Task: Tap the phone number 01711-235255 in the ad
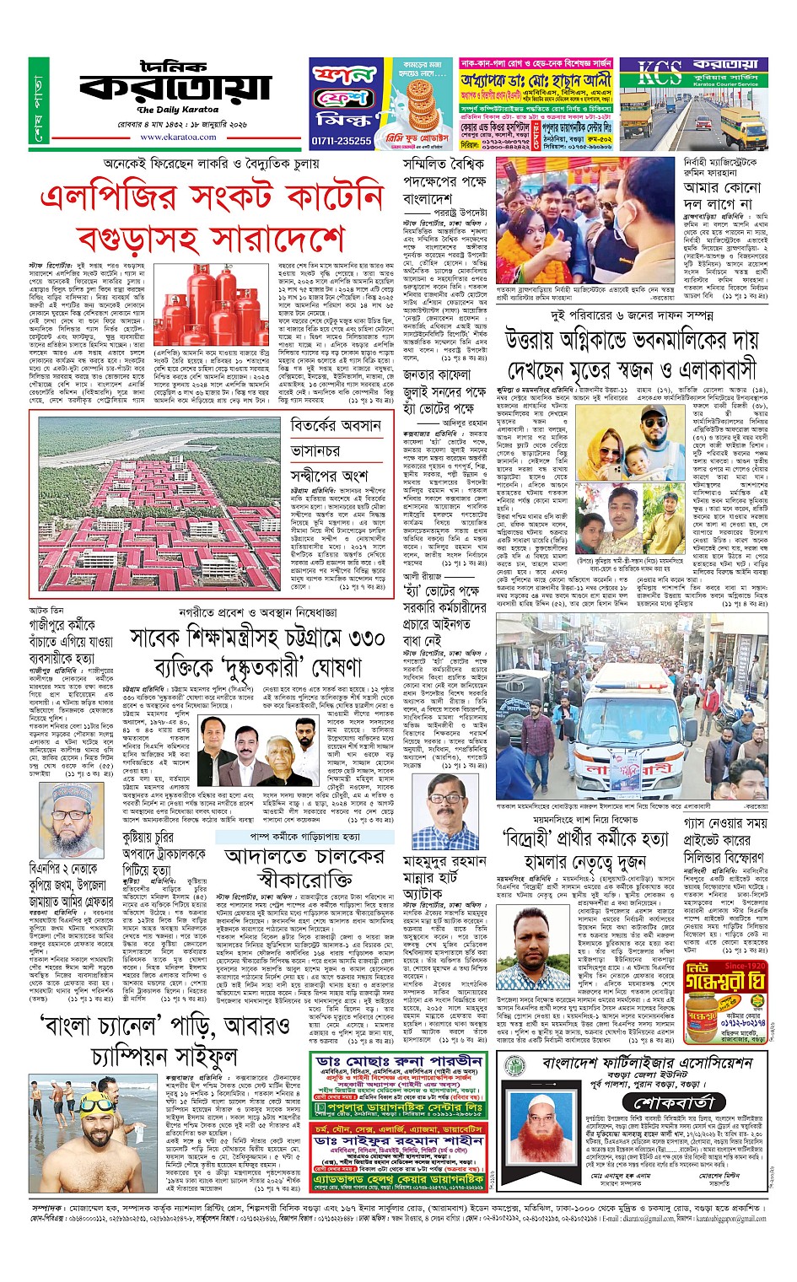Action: point(342,141)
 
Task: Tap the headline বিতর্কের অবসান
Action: point(336,427)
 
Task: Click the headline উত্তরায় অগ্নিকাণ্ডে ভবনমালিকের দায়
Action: point(644,342)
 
